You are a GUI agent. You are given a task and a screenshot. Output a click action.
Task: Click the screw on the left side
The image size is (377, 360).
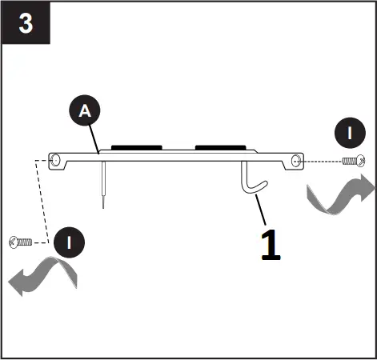pos(19,242)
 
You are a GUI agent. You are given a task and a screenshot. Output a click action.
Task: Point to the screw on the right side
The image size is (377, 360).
pos(351,162)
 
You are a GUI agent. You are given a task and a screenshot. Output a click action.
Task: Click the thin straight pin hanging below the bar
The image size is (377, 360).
pos(103,188)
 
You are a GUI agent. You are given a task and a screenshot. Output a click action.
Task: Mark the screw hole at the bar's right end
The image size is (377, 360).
pos(297,161)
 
